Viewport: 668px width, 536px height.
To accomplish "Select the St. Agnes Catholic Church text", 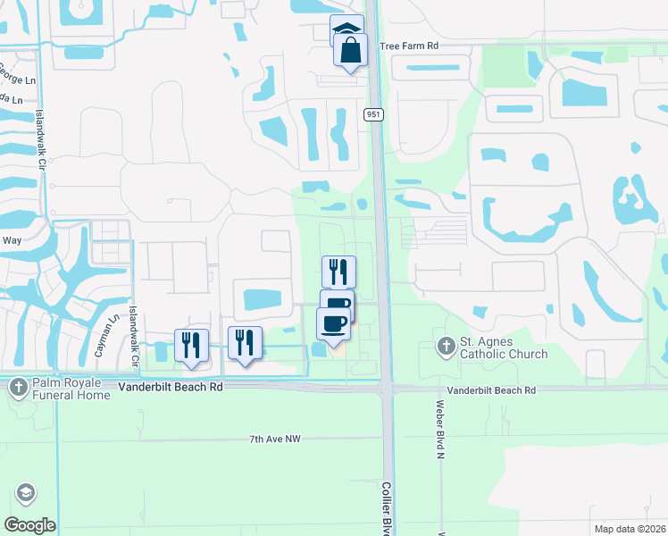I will (x=503, y=348).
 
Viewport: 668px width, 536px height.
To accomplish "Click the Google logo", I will (x=29, y=525).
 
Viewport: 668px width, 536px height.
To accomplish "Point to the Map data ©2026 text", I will (x=629, y=529).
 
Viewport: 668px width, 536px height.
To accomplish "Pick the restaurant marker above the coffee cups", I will (x=338, y=272).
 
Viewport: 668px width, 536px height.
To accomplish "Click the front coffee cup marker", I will (x=333, y=323).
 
